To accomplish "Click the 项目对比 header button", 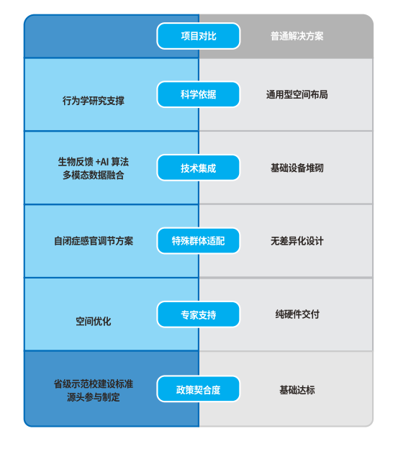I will [198, 36].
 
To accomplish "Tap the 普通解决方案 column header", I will [297, 36].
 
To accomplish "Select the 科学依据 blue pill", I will [198, 94].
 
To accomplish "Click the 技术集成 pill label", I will [198, 168].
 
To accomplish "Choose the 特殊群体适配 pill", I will [198, 241].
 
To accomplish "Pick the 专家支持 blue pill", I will [198, 314].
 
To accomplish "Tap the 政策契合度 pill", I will [198, 389].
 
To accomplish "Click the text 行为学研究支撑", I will [93, 101].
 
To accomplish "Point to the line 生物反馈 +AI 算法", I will [93, 161].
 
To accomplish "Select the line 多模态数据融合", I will [93, 175].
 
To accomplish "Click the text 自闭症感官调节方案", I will [93, 241].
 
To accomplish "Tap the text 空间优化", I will [93, 321].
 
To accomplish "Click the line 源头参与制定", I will [93, 397].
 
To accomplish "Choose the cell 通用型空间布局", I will [297, 94].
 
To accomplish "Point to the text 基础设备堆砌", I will [297, 168].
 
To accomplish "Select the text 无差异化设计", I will [297, 241].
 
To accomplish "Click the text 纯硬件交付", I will [297, 314].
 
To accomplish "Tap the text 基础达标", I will [297, 389].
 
